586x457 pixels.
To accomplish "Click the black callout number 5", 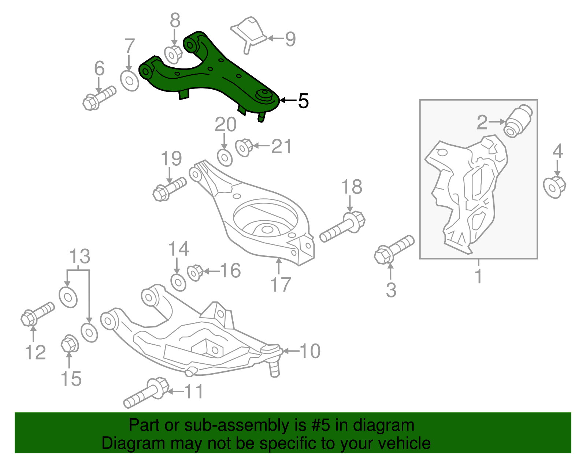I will click(x=303, y=101).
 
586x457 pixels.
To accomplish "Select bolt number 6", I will click(x=98, y=98).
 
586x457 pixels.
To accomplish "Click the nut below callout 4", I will click(x=555, y=187).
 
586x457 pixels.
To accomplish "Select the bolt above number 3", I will click(x=393, y=249).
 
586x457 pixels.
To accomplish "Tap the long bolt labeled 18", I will click(x=343, y=226).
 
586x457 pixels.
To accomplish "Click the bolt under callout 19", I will click(x=168, y=188).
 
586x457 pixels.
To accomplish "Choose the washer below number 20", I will click(x=225, y=158).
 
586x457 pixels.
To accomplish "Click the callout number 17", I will click(x=281, y=284).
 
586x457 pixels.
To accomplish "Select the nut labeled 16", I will click(x=195, y=272).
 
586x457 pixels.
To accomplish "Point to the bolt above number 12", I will click(x=37, y=313).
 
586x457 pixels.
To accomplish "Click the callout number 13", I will click(x=80, y=256).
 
